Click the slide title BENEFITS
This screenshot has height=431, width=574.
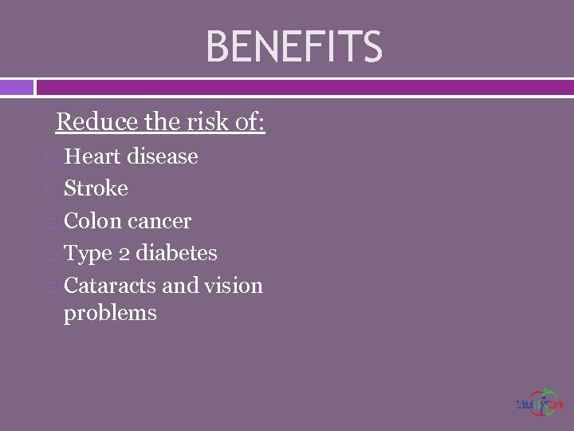[294, 46]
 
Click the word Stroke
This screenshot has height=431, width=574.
[96, 188]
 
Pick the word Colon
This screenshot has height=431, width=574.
[91, 221]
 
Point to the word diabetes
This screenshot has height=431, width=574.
[176, 253]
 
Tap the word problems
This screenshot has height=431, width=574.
[110, 313]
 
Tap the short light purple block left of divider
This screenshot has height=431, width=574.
[16, 86]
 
